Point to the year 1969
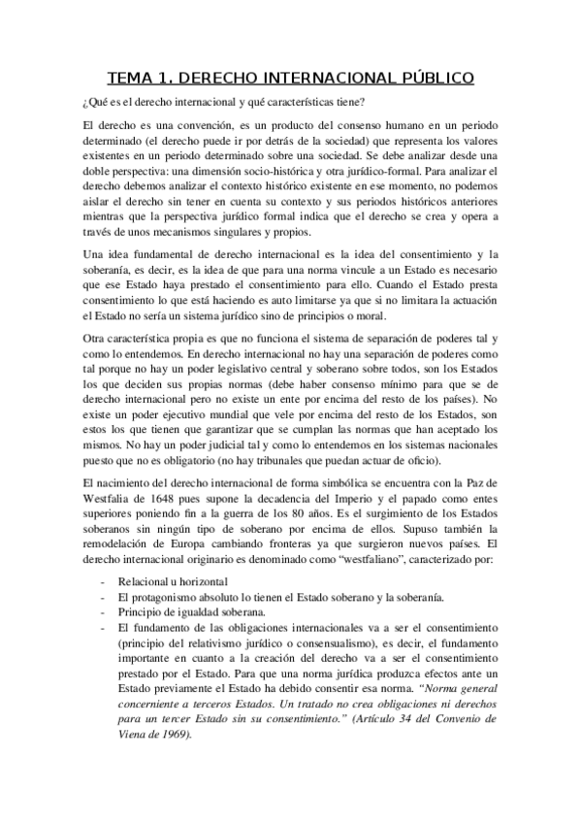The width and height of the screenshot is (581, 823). (169, 734)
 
